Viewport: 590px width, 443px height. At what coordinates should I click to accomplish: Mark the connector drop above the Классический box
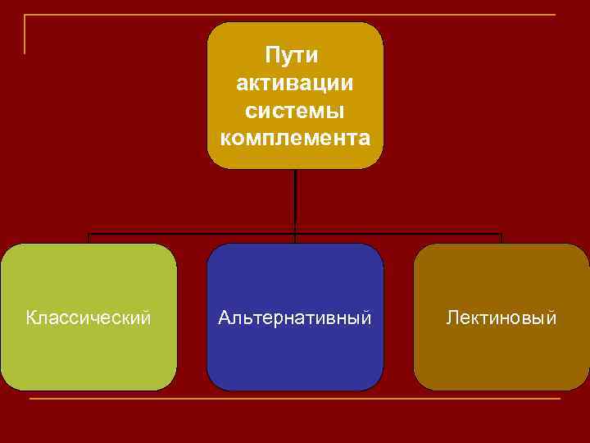(88, 239)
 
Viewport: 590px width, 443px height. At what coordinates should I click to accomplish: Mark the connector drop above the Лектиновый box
(501, 239)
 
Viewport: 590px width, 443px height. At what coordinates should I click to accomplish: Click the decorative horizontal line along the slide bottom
(295, 400)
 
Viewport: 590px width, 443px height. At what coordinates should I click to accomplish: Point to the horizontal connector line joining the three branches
(188, 234)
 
